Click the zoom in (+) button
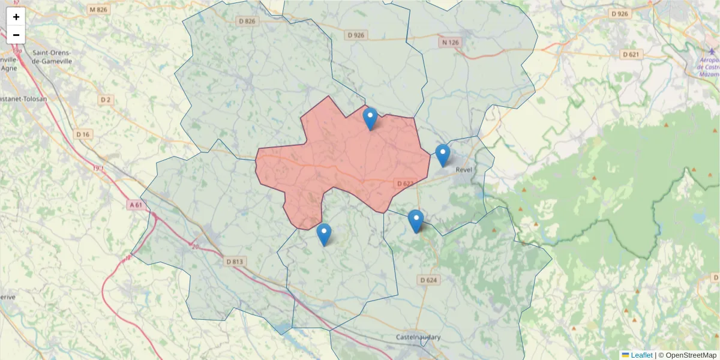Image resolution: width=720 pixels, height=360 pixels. [16, 17]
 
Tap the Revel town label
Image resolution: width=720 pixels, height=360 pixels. [464, 170]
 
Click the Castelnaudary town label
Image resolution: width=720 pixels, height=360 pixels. [418, 337]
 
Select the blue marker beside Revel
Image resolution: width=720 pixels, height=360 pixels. [442, 155]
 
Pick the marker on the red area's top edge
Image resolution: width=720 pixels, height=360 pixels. [370, 118]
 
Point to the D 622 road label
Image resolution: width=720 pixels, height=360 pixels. [405, 183]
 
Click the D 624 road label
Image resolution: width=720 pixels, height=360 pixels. [428, 280]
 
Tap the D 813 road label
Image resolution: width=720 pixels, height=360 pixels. [235, 262]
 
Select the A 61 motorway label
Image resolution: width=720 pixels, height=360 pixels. [136, 205]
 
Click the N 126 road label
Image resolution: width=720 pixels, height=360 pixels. [449, 42]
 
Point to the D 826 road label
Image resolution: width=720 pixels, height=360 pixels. [247, 22]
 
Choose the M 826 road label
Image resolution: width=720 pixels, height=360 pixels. [97, 10]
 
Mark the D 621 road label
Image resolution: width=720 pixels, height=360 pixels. [632, 55]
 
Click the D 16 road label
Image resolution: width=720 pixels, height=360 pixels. [83, 134]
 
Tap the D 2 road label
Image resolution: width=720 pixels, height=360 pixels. [106, 99]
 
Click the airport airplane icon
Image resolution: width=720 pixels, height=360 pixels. [712, 50]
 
